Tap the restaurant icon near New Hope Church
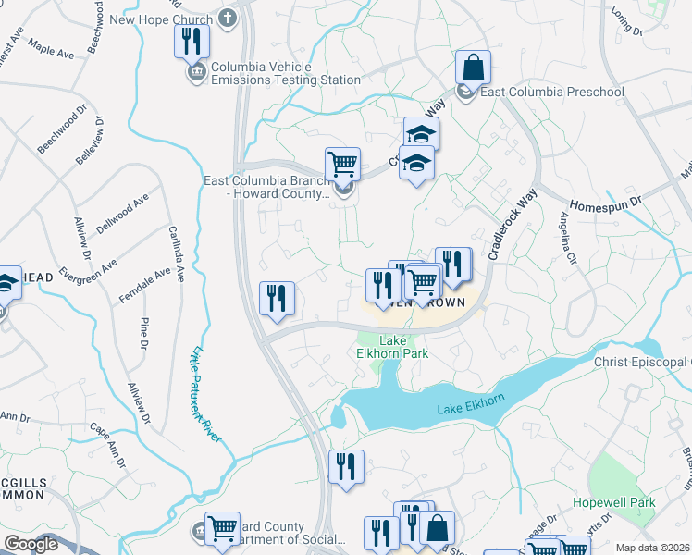[x=192, y=42]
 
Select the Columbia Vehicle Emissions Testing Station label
[x=285, y=74]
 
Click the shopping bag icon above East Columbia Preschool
[x=473, y=68]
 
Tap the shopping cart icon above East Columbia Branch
[x=342, y=165]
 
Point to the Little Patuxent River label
[x=206, y=392]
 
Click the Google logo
[x=30, y=544]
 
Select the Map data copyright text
[x=652, y=548]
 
